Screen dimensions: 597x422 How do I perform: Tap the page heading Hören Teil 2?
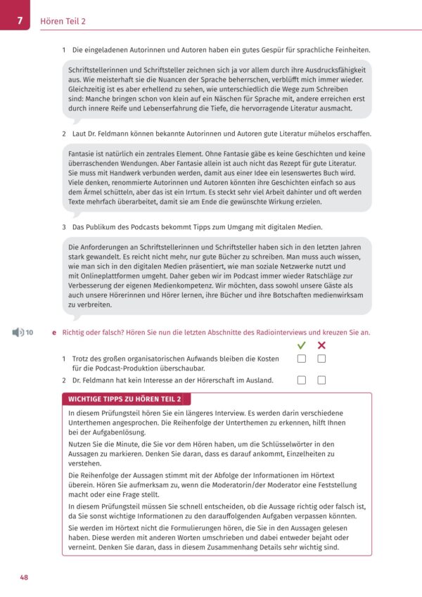[64, 21]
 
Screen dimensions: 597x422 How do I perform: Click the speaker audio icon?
[17, 331]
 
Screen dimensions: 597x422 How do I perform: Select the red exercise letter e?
[54, 331]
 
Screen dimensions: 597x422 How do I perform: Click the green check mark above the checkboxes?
[302, 345]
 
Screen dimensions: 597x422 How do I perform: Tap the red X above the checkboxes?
[321, 345]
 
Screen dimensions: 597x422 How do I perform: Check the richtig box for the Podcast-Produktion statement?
[302, 359]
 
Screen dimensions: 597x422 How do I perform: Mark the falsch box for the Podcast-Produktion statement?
[321, 359]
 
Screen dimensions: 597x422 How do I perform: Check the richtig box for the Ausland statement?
[302, 380]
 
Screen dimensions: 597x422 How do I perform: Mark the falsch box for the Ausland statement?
[321, 380]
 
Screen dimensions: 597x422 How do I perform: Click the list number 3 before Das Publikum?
[64, 227]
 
